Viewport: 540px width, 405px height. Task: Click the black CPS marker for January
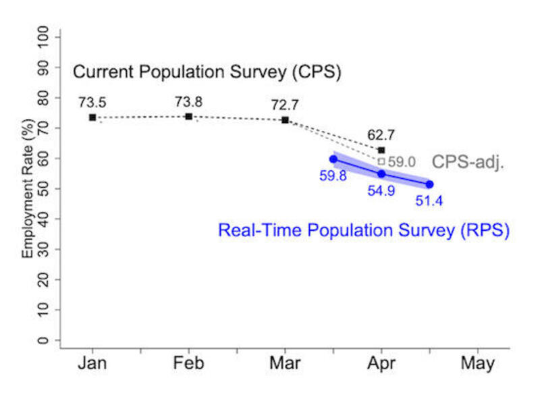(92, 117)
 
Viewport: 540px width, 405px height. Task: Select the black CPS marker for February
(188, 116)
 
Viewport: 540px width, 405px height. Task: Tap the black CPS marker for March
(285, 119)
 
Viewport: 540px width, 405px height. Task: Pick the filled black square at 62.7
(381, 150)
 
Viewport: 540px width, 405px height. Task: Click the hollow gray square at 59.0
(381, 161)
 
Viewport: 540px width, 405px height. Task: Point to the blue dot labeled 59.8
(333, 159)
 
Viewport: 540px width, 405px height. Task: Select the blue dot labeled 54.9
(381, 173)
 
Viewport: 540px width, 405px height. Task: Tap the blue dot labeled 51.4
(429, 184)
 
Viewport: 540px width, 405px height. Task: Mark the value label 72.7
(284, 105)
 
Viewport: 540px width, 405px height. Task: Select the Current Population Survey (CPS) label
(207, 72)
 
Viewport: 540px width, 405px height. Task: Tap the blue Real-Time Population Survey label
(363, 230)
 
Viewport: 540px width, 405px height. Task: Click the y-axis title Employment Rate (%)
(28, 186)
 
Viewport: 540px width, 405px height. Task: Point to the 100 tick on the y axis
(45, 37)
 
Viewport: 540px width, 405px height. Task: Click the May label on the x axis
(477, 363)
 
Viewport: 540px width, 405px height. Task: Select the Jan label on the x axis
(92, 363)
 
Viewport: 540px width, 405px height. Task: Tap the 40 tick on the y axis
(45, 219)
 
